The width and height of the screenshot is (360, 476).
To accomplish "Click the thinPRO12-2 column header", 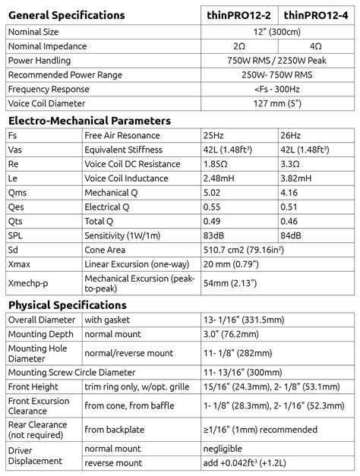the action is pyautogui.click(x=241, y=14).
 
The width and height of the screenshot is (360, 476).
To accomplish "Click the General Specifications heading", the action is pyautogui.click(x=66, y=15).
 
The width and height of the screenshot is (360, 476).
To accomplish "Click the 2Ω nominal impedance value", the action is pyautogui.click(x=240, y=46).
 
